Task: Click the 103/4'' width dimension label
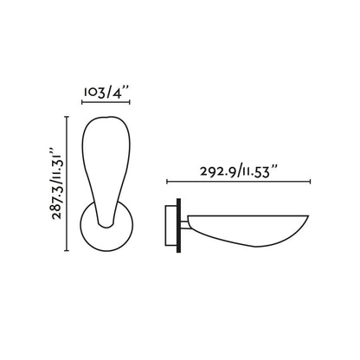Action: click(106, 90)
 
